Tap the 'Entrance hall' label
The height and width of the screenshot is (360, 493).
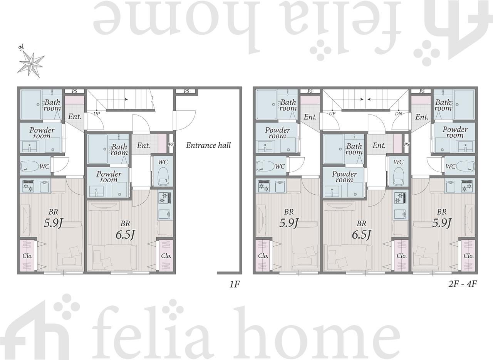point(208,145)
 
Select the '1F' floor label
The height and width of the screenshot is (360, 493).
point(235,284)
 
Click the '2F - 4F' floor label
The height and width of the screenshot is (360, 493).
point(463,284)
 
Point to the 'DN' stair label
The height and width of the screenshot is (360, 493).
point(399,114)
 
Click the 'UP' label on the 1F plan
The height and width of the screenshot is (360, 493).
point(97,114)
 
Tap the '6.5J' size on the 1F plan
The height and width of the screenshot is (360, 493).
point(125,235)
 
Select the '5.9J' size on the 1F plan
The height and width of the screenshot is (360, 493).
point(53,223)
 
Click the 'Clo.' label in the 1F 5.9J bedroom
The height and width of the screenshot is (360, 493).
point(27,256)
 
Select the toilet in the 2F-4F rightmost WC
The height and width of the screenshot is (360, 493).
point(465,166)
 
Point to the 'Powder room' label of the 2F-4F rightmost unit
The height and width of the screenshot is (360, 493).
point(455,132)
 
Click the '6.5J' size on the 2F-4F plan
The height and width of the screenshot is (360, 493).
point(361,235)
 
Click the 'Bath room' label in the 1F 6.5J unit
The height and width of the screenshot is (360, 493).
point(119,150)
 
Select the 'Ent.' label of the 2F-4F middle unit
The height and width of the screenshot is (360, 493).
point(379,145)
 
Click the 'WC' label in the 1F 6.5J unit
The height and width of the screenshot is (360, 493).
point(163,162)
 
